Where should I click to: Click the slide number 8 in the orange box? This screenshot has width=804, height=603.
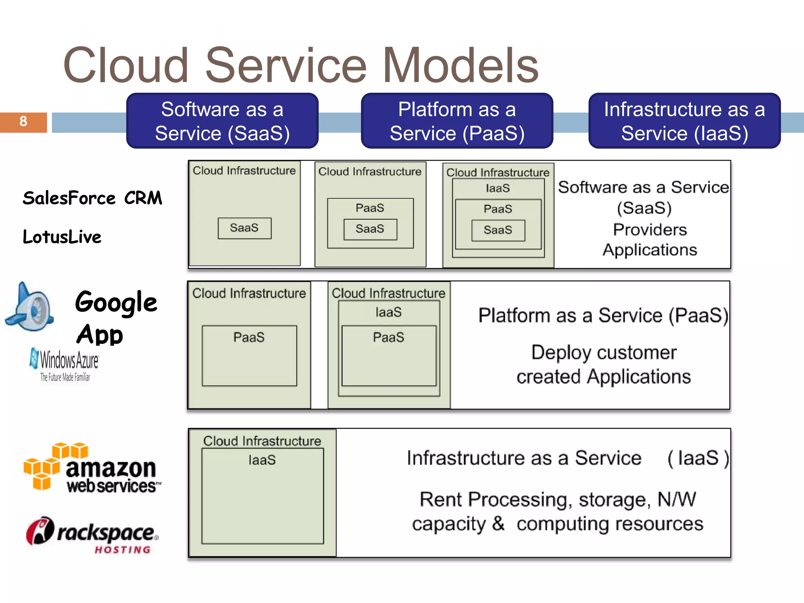[x=23, y=121]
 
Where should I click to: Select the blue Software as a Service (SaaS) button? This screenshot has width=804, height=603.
[x=222, y=121]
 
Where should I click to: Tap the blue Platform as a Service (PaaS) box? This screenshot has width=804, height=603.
[x=457, y=121]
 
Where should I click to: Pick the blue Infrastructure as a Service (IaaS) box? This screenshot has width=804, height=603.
[x=684, y=121]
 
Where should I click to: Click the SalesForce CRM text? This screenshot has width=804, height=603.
[x=92, y=198]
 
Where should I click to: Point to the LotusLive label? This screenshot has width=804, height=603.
[x=62, y=237]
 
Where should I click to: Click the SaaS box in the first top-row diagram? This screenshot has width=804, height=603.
[x=245, y=228]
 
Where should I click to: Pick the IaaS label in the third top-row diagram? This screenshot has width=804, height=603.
[x=498, y=188]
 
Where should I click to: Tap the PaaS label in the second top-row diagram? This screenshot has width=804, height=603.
[x=370, y=208]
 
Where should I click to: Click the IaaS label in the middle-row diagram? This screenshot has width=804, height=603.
[x=389, y=312]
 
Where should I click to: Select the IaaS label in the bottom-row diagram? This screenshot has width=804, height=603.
[x=262, y=460]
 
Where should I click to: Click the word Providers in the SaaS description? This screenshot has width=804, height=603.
[x=650, y=230]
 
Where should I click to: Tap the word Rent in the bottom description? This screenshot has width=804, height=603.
[x=441, y=500]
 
